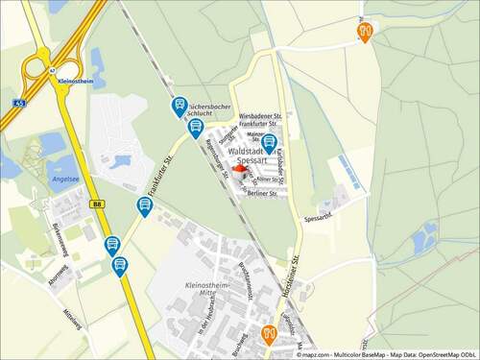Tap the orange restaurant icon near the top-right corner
click(365, 31)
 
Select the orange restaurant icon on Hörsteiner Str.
click(269, 333)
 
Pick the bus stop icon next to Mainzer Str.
click(269, 143)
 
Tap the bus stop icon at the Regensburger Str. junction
click(196, 127)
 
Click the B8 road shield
click(97, 204)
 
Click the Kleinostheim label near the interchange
click(75, 83)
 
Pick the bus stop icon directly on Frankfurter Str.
click(144, 205)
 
